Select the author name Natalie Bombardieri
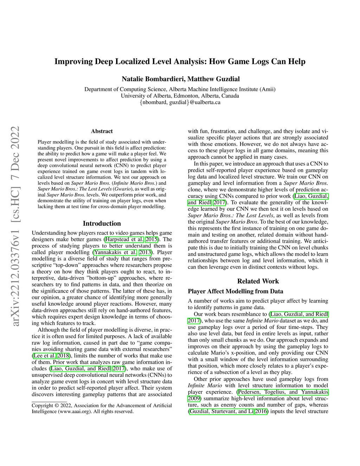tap(153, 79)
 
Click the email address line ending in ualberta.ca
tap(180, 102)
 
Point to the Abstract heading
tap(102, 131)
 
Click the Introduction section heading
tap(102, 223)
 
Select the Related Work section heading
tap(258, 281)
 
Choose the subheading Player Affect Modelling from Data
tap(236, 291)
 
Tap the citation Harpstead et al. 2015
tap(131, 240)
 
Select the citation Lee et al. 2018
tap(51, 356)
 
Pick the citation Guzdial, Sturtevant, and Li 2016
tap(228, 411)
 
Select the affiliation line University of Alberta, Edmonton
tap(180, 96)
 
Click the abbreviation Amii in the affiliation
tap(267, 89)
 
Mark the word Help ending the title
tap(297, 62)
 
